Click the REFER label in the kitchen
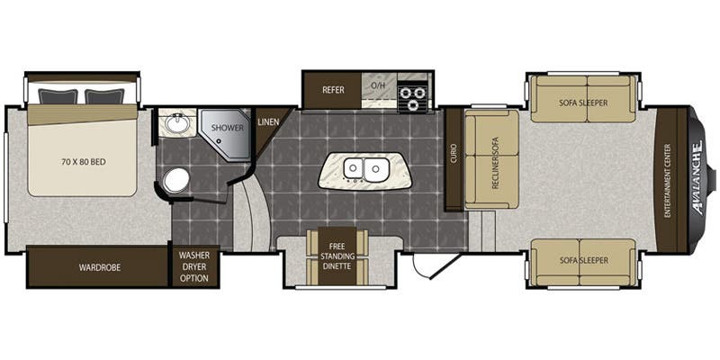tap(333, 90)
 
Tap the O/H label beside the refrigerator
tap(377, 85)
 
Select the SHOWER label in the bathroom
tap(228, 128)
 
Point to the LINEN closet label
tap(268, 122)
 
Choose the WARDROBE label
tap(100, 267)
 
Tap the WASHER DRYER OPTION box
tap(194, 266)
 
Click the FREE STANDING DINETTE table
tap(337, 256)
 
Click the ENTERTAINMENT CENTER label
tap(667, 181)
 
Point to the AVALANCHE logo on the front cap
tap(697, 178)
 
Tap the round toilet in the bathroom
tap(176, 180)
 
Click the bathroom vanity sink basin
tap(176, 123)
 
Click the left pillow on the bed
tap(58, 96)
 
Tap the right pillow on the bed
tap(104, 96)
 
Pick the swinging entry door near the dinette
tap(436, 265)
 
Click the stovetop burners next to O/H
tap(412, 98)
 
